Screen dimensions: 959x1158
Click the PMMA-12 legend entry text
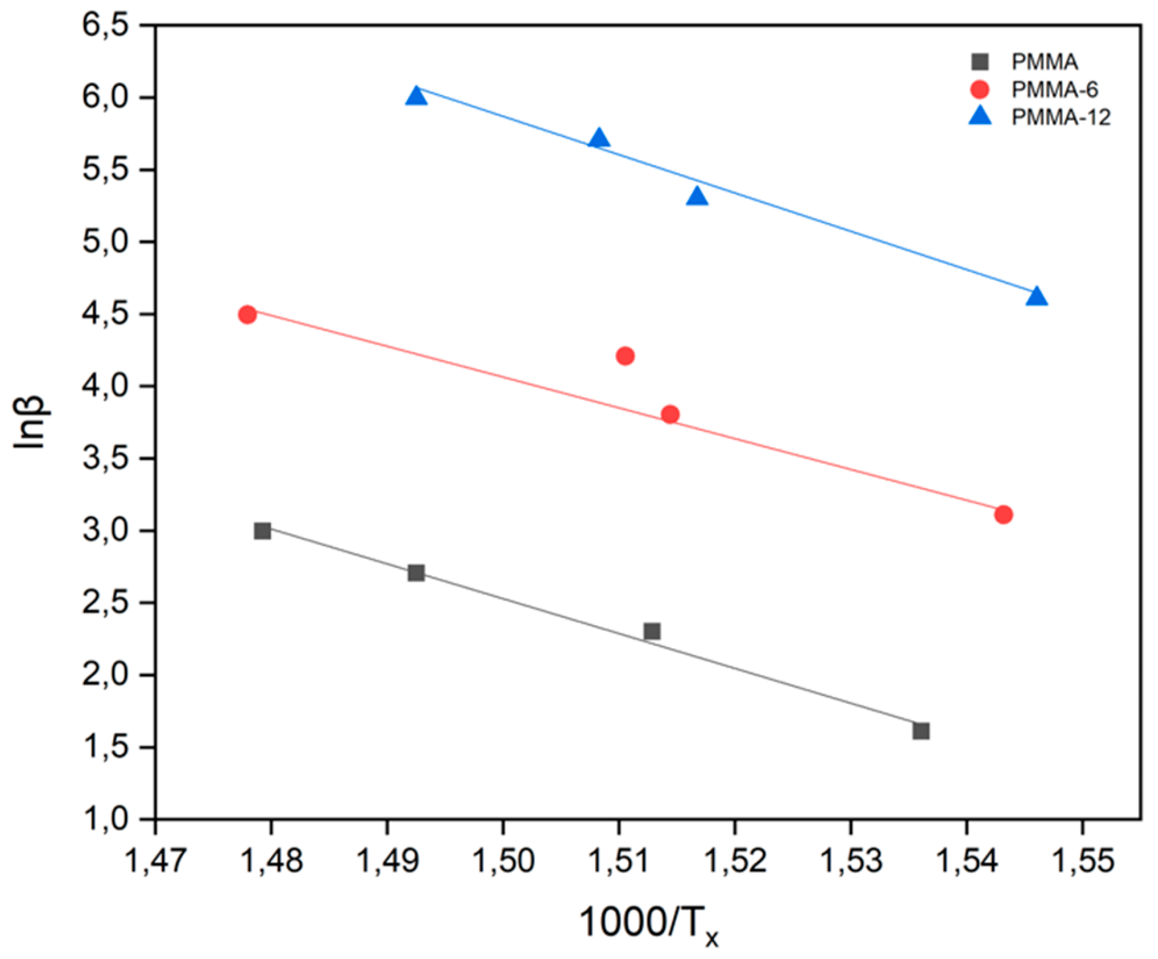1060,117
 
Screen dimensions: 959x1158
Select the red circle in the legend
980,90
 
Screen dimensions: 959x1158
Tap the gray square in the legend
980,62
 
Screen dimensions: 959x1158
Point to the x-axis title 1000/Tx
648,924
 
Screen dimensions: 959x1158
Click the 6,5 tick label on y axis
106,26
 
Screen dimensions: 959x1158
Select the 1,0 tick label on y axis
106,819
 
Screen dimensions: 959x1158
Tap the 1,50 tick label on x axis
503,860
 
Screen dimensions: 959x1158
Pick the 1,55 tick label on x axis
1082,860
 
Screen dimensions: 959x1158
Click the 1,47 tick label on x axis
155,860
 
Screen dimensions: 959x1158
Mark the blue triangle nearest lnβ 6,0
416,96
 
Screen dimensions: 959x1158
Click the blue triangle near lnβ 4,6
1037,297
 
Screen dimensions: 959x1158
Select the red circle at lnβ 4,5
247,315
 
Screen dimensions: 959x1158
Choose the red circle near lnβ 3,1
1003,514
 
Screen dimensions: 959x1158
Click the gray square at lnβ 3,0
262,530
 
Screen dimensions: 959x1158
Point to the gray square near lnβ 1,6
921,731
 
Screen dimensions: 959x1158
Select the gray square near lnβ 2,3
652,631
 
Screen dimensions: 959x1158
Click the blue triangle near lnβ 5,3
697,197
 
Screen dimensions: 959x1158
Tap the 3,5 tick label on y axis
106,459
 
